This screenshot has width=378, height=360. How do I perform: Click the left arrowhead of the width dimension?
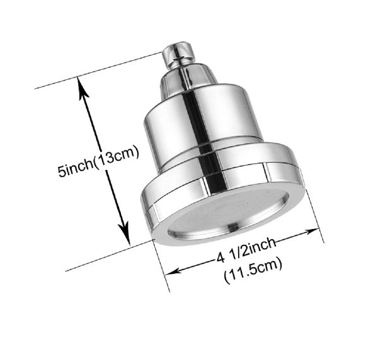171,272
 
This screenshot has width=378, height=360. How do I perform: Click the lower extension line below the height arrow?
107,258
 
